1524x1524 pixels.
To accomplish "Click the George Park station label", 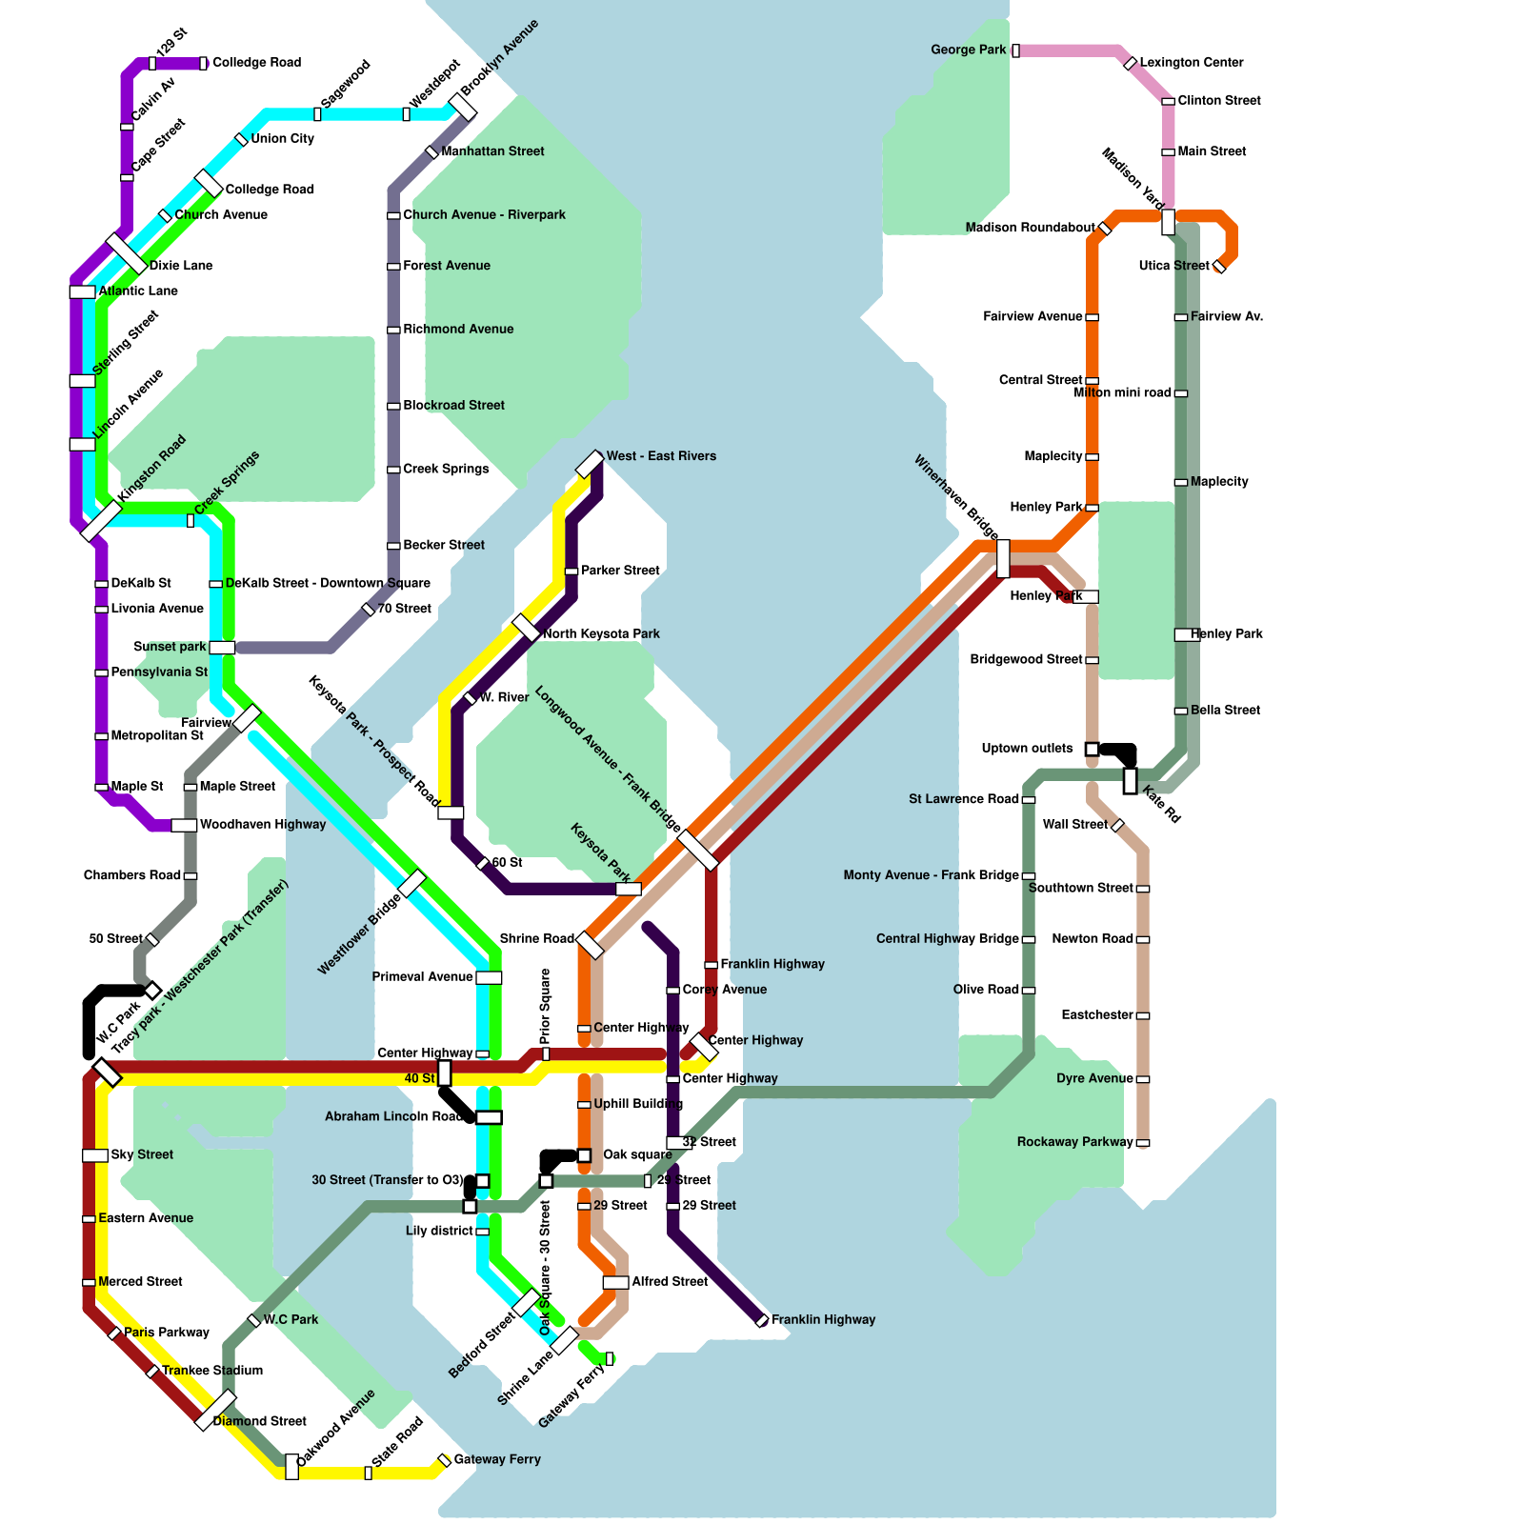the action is [968, 50].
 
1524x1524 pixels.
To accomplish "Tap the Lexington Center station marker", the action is [1130, 63].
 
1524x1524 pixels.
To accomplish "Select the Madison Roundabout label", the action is [1030, 228].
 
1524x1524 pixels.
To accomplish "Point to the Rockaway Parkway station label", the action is [1074, 1142].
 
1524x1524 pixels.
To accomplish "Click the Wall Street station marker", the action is [1118, 825].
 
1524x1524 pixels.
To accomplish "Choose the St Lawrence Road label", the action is [963, 799].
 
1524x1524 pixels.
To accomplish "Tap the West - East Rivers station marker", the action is [591, 464].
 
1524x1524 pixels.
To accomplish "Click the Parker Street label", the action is [620, 571].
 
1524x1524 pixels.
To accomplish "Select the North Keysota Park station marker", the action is [526, 628].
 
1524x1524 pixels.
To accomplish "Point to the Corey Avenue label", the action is [724, 990].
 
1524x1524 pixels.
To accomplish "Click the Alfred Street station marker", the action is [615, 1282].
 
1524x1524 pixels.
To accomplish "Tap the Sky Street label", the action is [142, 1154].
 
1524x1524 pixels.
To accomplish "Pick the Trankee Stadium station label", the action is [212, 1371].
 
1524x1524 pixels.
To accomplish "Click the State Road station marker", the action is [369, 1473].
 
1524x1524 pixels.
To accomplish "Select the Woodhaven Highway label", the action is [262, 825].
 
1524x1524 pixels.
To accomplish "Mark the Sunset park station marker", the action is [222, 648].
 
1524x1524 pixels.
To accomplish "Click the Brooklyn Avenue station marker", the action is [463, 107].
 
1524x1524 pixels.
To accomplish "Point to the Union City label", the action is [282, 139].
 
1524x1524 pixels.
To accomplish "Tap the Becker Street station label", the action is [443, 545].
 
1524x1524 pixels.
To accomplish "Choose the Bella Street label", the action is [1225, 711].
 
